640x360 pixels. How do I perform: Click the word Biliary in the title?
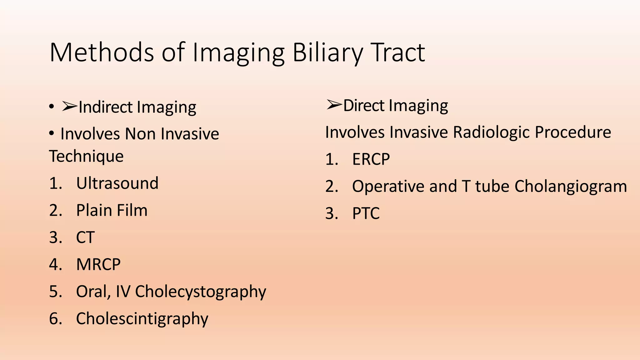pyautogui.click(x=327, y=52)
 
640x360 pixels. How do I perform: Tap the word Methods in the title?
pyautogui.click(x=102, y=52)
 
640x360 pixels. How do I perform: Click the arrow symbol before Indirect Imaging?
pyautogui.click(x=69, y=107)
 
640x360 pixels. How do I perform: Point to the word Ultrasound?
pyautogui.click(x=117, y=183)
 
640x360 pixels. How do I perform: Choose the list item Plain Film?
pyautogui.click(x=112, y=210)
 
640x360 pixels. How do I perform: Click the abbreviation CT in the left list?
pyautogui.click(x=85, y=237)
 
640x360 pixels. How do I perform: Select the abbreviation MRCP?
pyautogui.click(x=98, y=265)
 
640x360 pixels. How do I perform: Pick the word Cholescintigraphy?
pyautogui.click(x=142, y=319)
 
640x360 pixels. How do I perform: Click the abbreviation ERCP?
pyautogui.click(x=371, y=159)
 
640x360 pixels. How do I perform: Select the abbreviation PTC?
pyautogui.click(x=366, y=214)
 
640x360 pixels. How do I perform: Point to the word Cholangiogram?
pyautogui.click(x=571, y=187)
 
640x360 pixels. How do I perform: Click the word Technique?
pyautogui.click(x=86, y=156)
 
